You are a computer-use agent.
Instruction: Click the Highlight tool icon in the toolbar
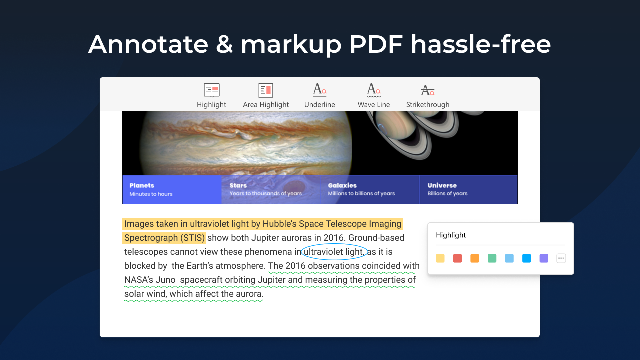211,90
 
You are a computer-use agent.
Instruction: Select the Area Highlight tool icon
266,90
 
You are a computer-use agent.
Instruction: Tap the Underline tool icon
320,90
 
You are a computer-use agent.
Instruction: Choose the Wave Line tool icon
374,90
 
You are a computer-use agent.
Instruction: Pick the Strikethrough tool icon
427,90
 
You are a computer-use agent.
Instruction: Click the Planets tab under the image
172,190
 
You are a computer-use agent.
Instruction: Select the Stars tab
270,190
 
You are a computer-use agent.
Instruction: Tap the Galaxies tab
369,190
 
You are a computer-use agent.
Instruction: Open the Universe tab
468,190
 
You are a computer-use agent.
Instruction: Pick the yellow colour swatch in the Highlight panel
440,258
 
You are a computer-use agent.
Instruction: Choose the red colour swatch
457,258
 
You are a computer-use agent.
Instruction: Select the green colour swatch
492,258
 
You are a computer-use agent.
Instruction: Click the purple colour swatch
544,258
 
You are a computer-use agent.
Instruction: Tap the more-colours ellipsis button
561,258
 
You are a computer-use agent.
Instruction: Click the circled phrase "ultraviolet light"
333,252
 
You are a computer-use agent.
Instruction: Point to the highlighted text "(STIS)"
192,238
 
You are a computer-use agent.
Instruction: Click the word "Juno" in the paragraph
166,280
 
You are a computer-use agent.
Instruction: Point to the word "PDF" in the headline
376,45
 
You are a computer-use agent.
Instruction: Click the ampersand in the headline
224,45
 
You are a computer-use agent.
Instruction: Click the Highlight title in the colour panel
451,235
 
